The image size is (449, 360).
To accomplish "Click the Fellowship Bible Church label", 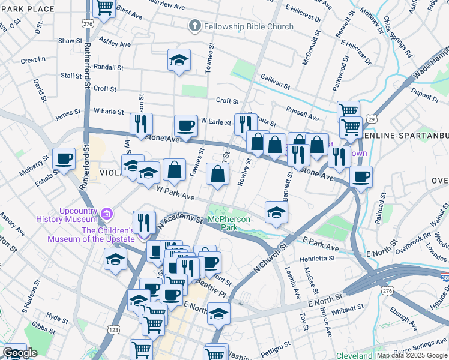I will click(x=249, y=26).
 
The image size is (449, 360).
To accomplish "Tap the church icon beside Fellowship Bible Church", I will click(x=194, y=26).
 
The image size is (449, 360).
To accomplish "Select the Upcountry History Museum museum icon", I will click(x=107, y=214).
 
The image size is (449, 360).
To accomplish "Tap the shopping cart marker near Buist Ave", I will click(x=105, y=8).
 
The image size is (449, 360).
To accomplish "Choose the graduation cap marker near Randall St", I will click(x=179, y=60).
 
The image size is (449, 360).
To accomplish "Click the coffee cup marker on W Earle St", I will click(x=185, y=126).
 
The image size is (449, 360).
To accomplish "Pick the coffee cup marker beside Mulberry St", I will click(x=64, y=159).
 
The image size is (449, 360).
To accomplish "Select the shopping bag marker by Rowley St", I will click(x=218, y=175).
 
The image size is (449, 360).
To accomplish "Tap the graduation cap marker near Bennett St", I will click(x=276, y=212).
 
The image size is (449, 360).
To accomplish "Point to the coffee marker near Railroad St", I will click(x=361, y=177).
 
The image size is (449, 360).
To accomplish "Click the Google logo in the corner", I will click(x=20, y=353).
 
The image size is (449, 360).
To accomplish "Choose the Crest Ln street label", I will click(x=33, y=60).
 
